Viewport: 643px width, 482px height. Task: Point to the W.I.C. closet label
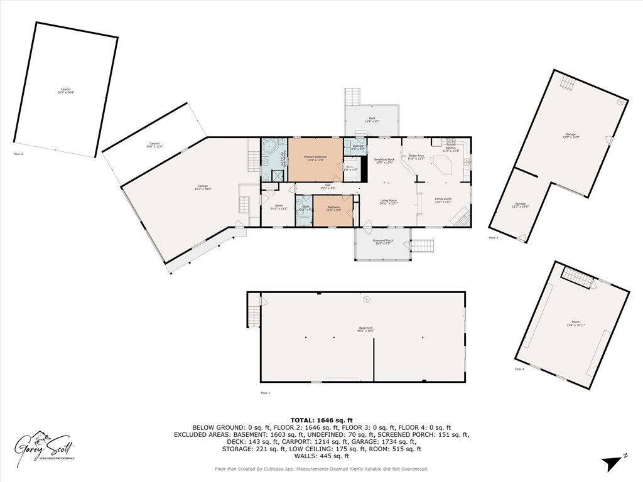[350, 168]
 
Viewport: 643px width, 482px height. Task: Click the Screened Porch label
[382, 242]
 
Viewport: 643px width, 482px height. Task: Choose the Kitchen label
[451, 149]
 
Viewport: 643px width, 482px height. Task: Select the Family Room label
[443, 201]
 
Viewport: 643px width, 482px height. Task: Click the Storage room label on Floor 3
[520, 205]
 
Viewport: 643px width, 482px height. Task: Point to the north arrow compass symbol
[612, 463]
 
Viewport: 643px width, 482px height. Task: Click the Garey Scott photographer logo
[45, 447]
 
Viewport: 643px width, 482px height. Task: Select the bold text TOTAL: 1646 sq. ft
[321, 420]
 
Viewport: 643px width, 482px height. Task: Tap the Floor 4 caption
[519, 369]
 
